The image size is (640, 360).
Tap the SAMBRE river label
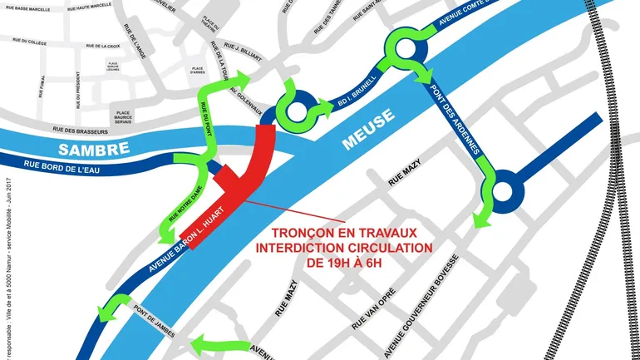(94, 148)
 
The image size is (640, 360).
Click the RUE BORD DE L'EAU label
(59, 169)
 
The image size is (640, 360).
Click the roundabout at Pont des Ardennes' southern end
(502, 195)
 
